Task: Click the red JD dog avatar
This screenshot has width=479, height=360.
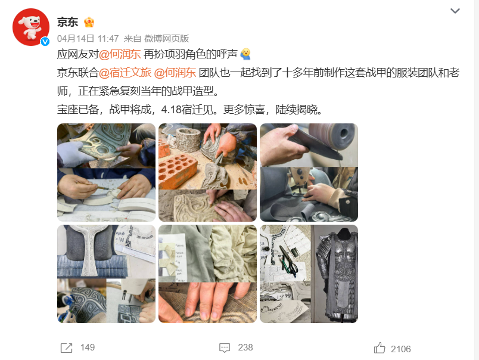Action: pyautogui.click(x=31, y=27)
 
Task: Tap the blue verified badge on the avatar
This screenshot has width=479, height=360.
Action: pyautogui.click(x=45, y=42)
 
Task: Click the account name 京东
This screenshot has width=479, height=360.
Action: pyautogui.click(x=67, y=22)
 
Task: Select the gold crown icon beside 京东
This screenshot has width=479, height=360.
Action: pyautogui.click(x=89, y=22)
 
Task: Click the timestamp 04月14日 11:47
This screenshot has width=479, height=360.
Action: pyautogui.click(x=88, y=39)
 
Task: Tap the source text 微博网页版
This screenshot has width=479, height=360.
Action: pyautogui.click(x=166, y=39)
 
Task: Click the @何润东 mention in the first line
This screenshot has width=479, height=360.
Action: pyautogui.click(x=120, y=54)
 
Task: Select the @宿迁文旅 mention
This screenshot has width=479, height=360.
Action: pyautogui.click(x=125, y=73)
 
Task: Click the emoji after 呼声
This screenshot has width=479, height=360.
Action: pyautogui.click(x=245, y=54)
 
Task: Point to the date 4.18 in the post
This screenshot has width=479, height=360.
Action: pyautogui.click(x=172, y=110)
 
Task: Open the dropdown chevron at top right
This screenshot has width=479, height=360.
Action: pyautogui.click(x=455, y=11)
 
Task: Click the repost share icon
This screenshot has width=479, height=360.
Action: pyautogui.click(x=66, y=347)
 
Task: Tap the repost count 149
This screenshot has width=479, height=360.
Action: pyautogui.click(x=88, y=347)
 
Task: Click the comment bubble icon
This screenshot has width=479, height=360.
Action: pyautogui.click(x=225, y=347)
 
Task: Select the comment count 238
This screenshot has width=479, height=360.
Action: pyautogui.click(x=245, y=347)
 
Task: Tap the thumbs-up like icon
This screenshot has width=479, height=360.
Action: pyautogui.click(x=380, y=348)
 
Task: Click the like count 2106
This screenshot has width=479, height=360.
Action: pyautogui.click(x=401, y=349)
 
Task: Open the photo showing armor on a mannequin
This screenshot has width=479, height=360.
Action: pyautogui.click(x=334, y=274)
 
